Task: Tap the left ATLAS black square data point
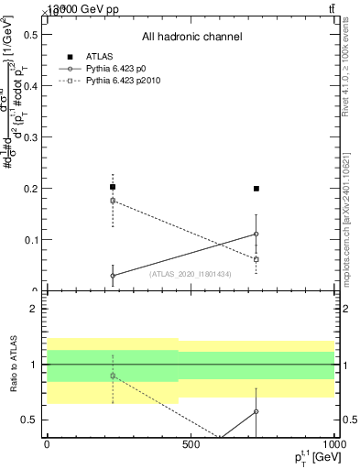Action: pyautogui.click(x=113, y=187)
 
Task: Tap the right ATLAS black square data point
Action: pyautogui.click(x=256, y=189)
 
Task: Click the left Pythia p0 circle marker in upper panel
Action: pyautogui.click(x=113, y=276)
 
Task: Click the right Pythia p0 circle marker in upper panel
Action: pyautogui.click(x=256, y=234)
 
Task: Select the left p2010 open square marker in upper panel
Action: pyautogui.click(x=113, y=201)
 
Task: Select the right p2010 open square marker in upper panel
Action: pyautogui.click(x=256, y=259)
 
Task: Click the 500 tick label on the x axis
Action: pyautogui.click(x=190, y=442)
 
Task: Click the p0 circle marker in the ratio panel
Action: pyautogui.click(x=256, y=411)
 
